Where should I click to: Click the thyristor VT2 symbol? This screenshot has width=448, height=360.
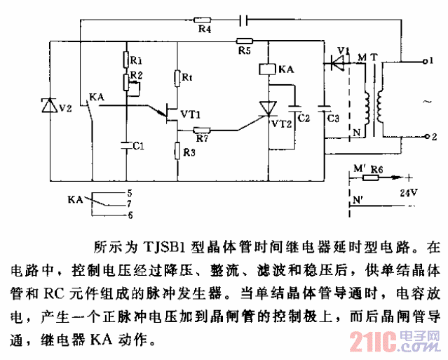coord(269,107)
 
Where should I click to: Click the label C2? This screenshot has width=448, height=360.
coord(304,119)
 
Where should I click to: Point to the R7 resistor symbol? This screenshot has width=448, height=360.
coord(203,130)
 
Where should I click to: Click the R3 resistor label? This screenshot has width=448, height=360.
coord(189,151)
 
